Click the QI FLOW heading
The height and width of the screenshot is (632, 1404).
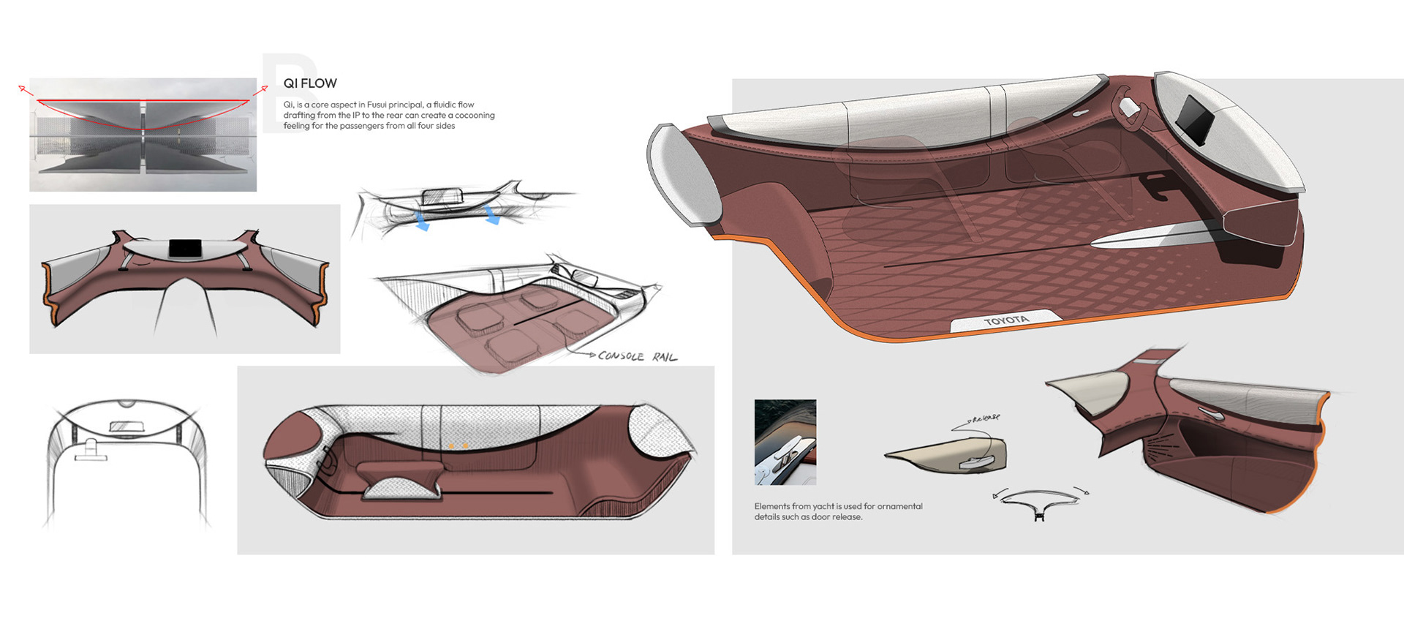tap(310, 83)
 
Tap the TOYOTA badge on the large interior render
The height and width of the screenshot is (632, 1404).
tap(1006, 320)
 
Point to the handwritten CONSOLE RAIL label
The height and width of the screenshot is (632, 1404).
tap(637, 356)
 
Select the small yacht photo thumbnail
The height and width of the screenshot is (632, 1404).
tap(785, 442)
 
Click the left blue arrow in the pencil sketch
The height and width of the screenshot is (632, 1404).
tap(421, 222)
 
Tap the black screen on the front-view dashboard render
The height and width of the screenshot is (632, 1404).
tap(185, 248)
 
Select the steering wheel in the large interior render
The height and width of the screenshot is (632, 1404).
tap(1128, 107)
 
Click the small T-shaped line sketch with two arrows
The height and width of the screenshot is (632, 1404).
tap(1039, 504)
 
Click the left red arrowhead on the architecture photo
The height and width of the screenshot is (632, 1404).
tap(22, 89)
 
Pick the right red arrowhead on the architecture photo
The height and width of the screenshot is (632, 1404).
tap(263, 89)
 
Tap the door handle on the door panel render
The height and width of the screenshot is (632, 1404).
tap(1210, 414)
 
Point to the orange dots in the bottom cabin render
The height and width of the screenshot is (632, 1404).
tap(458, 445)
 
